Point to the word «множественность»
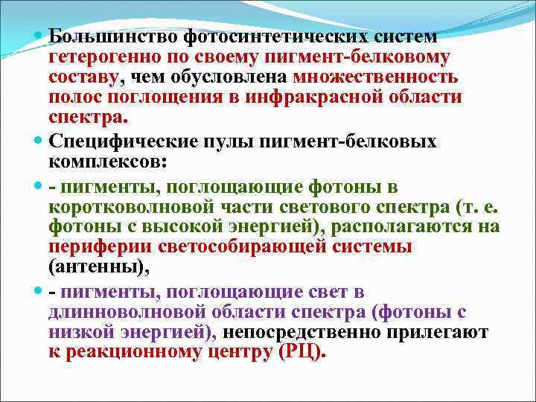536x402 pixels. (x=376, y=77)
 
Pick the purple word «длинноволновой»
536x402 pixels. (x=120, y=311)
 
